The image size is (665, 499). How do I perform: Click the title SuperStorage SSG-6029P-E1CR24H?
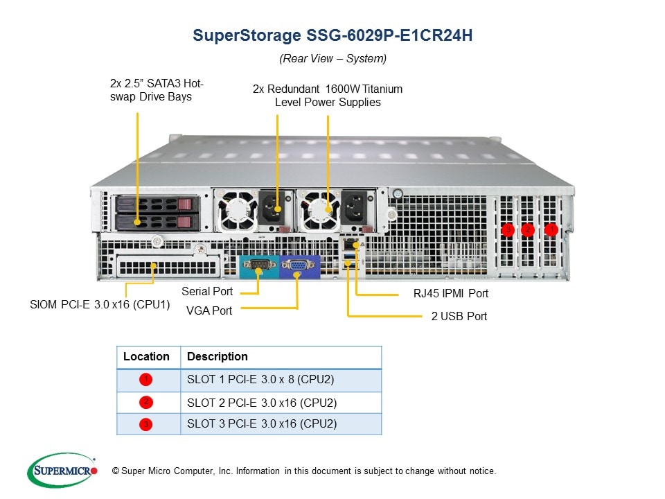coord(332,35)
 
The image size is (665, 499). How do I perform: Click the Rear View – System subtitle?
coord(332,59)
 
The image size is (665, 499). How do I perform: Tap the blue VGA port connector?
coord(298,265)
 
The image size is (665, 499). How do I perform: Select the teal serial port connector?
coord(259,265)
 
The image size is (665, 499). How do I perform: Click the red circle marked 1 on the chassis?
coord(551,229)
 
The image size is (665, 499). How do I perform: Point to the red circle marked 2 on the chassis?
coord(528,229)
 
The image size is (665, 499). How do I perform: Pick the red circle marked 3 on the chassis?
coord(508,229)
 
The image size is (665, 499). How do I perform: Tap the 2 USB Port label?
coord(459,317)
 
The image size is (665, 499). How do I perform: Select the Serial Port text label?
coord(206,292)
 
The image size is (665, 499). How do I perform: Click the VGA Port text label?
coord(209,310)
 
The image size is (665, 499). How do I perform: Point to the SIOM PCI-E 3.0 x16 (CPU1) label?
coord(100,304)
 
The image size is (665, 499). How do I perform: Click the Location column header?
coord(146,357)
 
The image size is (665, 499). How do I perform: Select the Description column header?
coord(218,357)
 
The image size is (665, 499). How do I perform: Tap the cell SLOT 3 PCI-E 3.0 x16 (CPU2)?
coord(262,423)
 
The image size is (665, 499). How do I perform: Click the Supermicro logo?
coord(62,471)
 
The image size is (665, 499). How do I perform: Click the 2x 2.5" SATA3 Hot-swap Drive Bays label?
coord(157,90)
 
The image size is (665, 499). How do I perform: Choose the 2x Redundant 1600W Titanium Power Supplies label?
coord(328,96)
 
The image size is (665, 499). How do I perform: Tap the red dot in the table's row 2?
coord(145,402)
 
